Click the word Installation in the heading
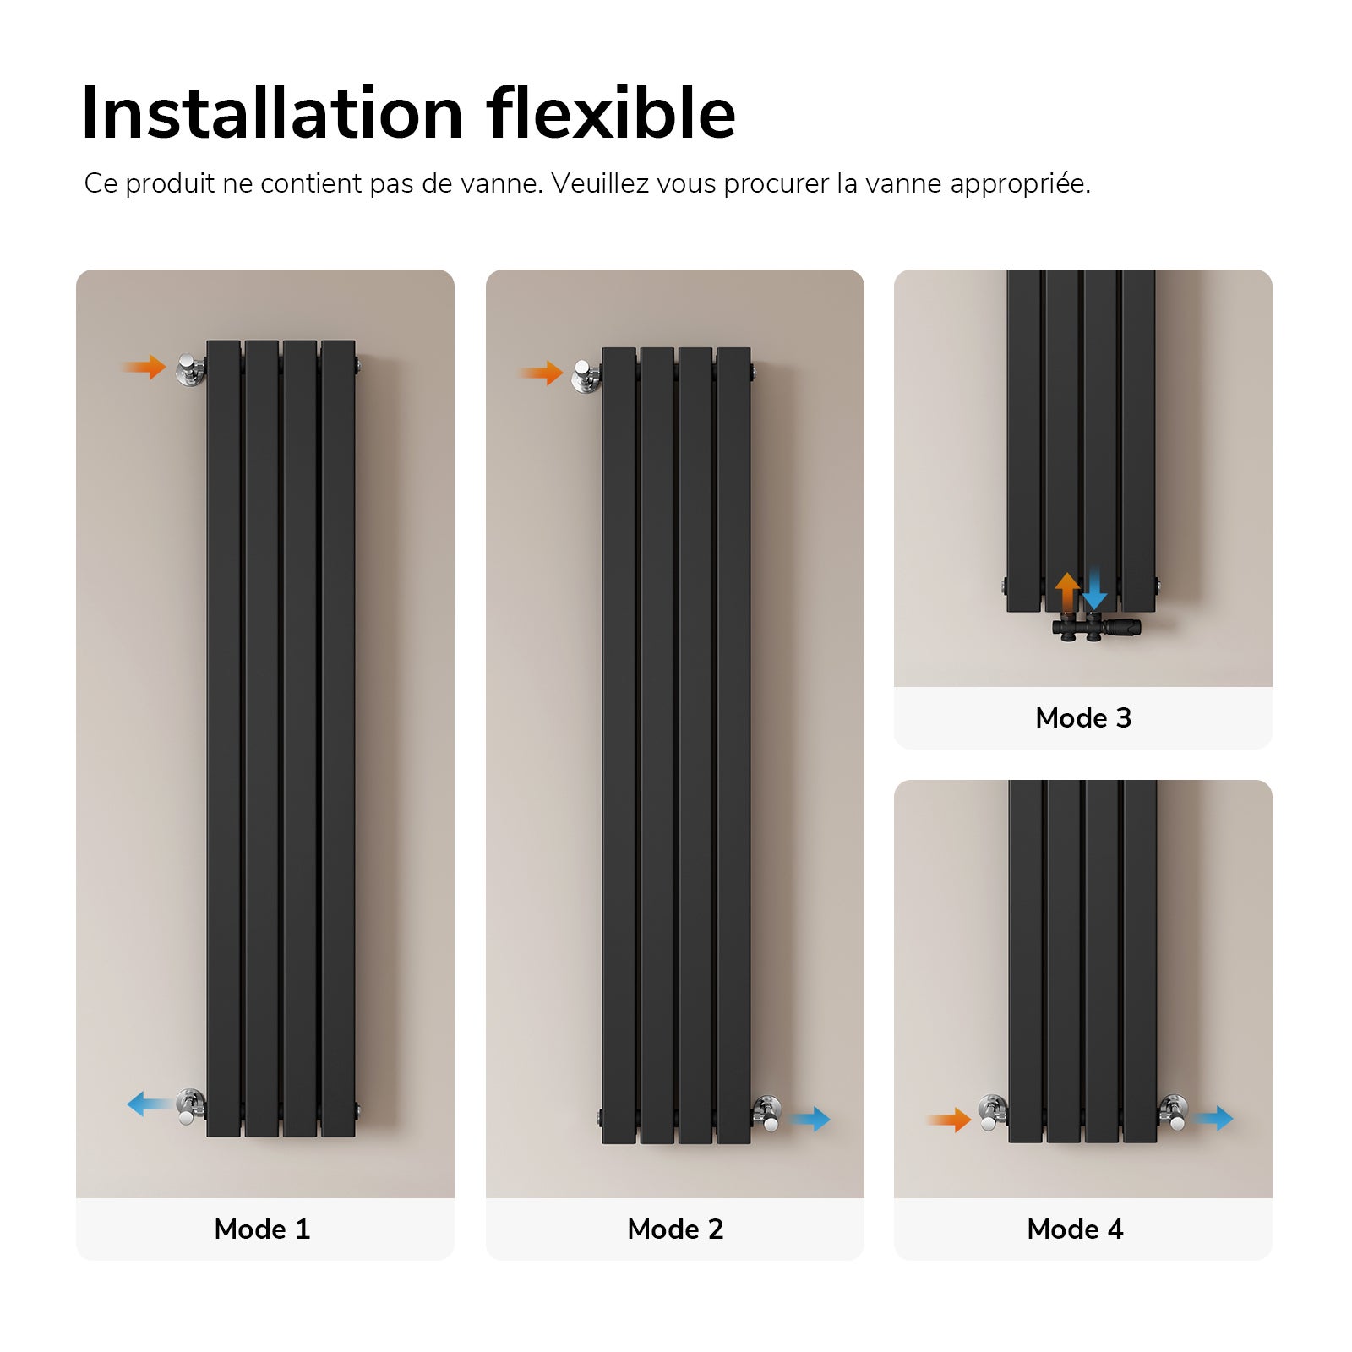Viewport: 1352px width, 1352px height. click(x=272, y=113)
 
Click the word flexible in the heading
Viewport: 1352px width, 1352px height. click(x=611, y=113)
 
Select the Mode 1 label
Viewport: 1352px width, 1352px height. click(x=263, y=1229)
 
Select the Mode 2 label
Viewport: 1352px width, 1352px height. click(x=675, y=1229)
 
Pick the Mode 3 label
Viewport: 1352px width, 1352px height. click(x=1083, y=717)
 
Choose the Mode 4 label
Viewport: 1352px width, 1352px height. click(x=1075, y=1229)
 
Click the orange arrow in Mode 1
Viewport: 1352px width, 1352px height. click(x=145, y=367)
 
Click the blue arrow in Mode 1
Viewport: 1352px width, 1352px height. click(x=149, y=1104)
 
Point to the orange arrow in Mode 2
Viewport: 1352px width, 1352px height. click(x=542, y=373)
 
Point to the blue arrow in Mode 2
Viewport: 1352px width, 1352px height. click(x=810, y=1119)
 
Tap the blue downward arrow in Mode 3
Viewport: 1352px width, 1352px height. click(x=1094, y=589)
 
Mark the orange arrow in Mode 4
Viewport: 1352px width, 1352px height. click(x=950, y=1120)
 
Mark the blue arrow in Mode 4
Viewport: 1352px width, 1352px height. click(x=1214, y=1119)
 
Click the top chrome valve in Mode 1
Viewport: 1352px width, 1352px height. click(x=190, y=369)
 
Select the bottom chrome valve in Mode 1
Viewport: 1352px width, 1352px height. click(x=190, y=1106)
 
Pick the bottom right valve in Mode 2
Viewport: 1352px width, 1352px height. click(x=766, y=1113)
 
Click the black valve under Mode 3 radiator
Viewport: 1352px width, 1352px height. click(x=1096, y=629)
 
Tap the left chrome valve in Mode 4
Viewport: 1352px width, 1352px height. click(x=993, y=1113)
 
